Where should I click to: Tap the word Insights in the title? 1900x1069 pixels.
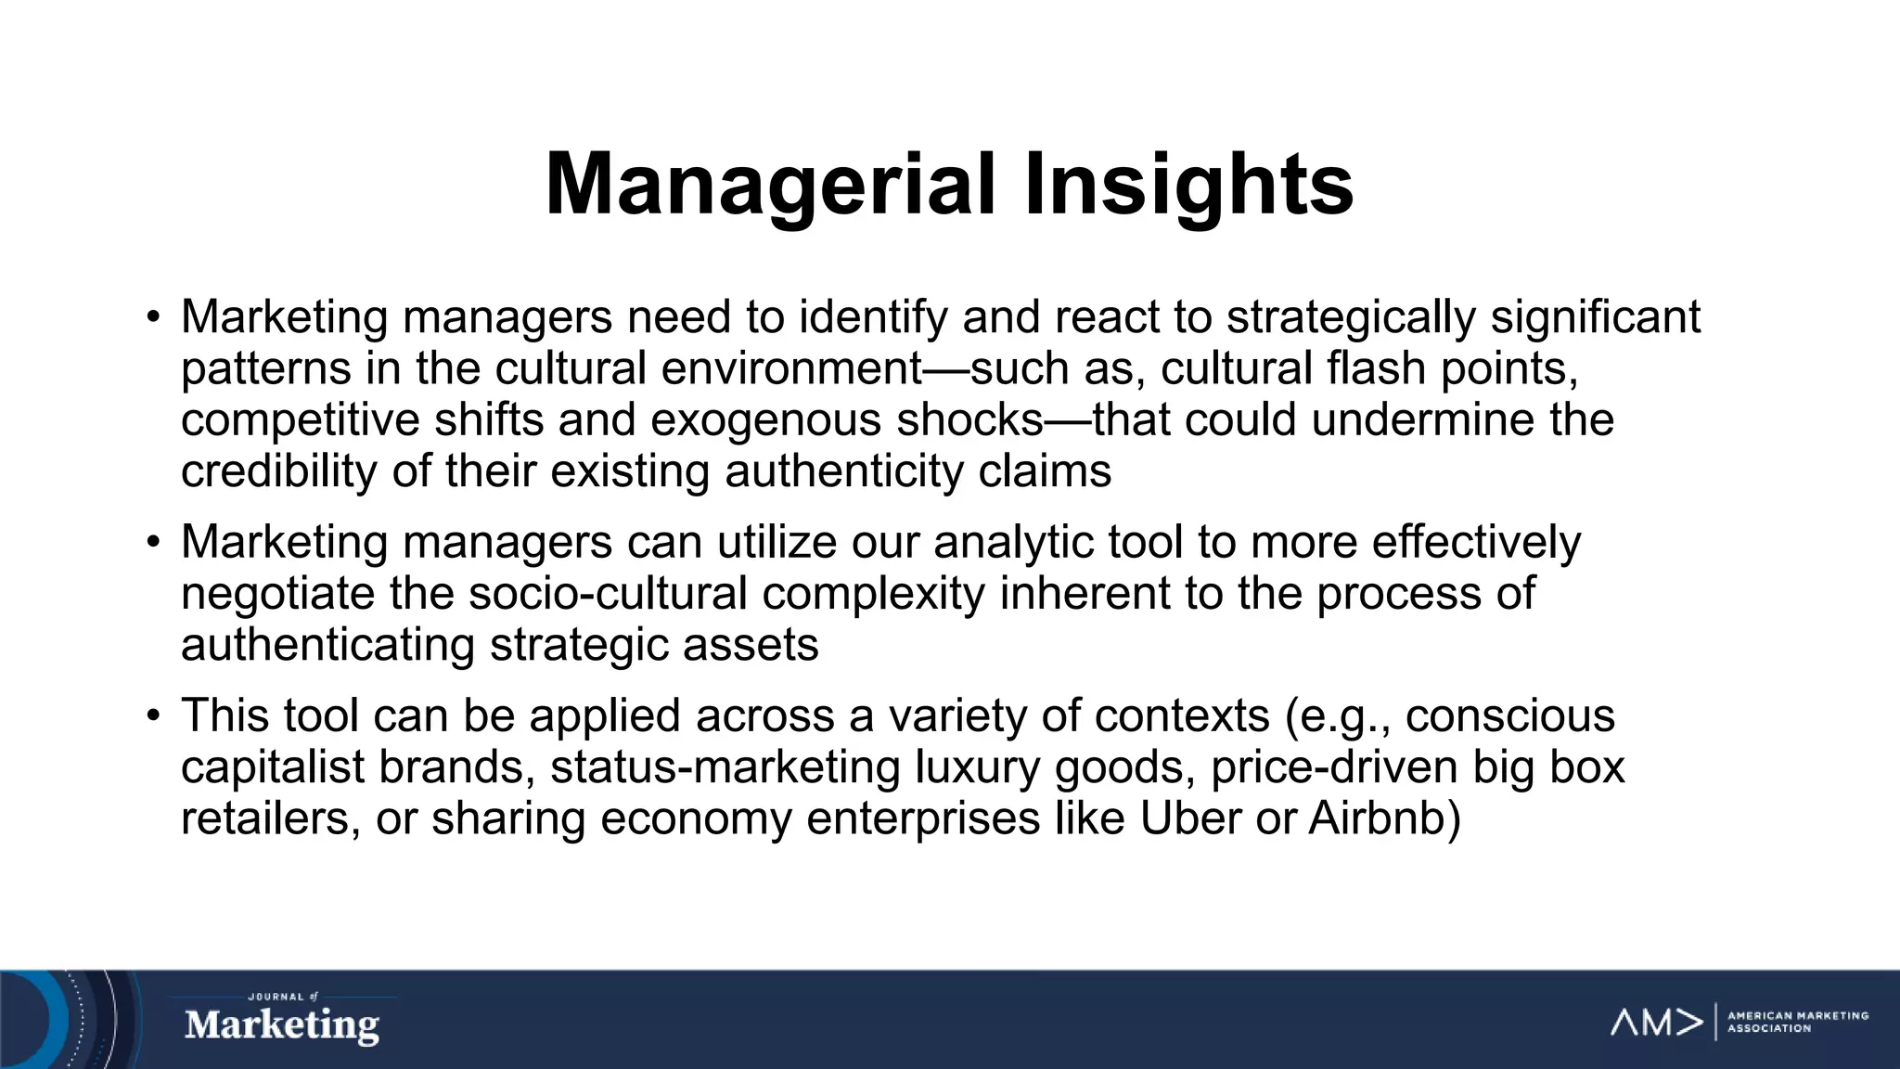pos(1188,185)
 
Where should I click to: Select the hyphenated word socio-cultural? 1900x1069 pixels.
pos(608,594)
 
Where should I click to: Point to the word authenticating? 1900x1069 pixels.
pos(327,645)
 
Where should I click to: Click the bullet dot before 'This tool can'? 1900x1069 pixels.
pos(153,716)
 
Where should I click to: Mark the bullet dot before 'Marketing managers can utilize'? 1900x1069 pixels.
pos(153,543)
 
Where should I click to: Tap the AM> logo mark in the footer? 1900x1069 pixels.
pos(1656,1022)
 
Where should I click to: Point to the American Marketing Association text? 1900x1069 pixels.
pos(1797,1022)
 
